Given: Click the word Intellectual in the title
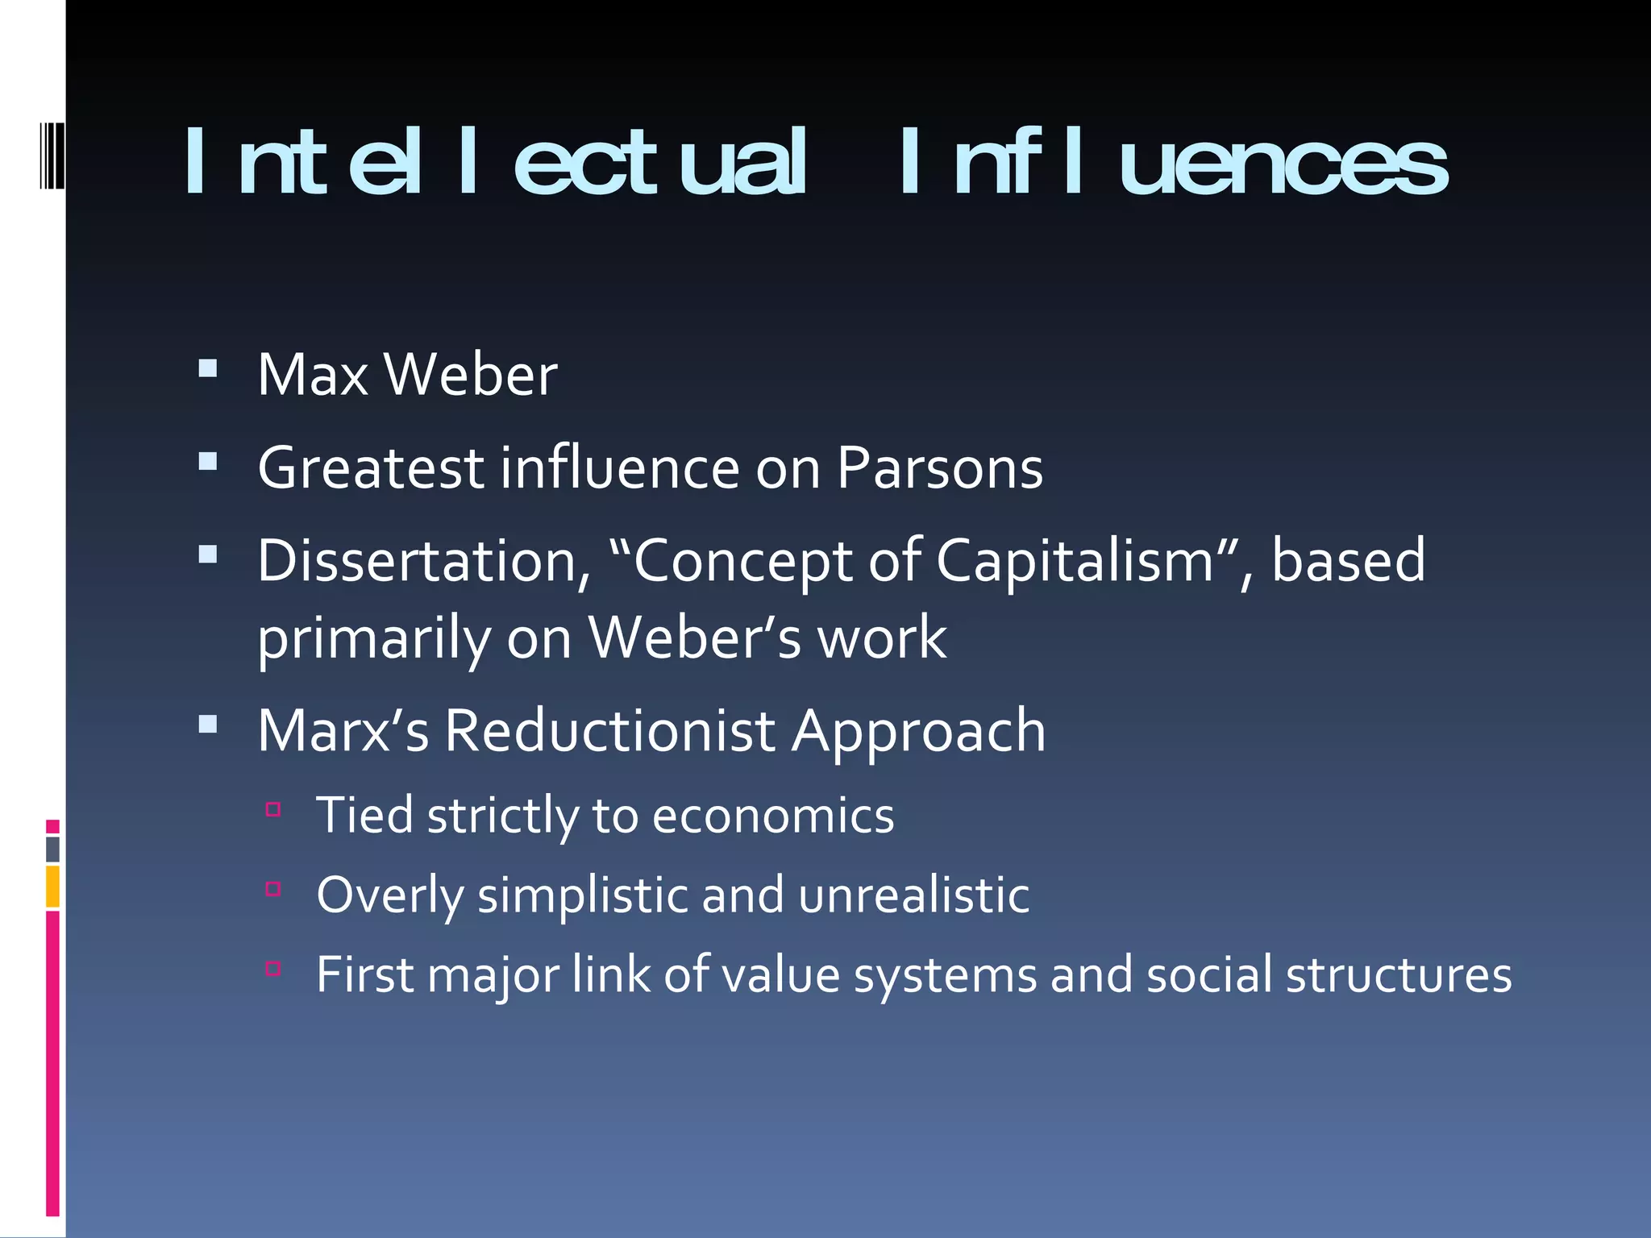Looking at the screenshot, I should (494, 163).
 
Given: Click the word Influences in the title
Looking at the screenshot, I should (1174, 163).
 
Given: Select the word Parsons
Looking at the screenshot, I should (939, 468).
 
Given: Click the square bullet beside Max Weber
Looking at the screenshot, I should (208, 369).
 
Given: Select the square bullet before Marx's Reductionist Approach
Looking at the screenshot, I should (208, 724).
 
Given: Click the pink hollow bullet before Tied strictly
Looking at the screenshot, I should (273, 809).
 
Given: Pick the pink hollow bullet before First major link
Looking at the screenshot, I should (273, 969).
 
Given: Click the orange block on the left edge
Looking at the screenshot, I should (53, 886).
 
